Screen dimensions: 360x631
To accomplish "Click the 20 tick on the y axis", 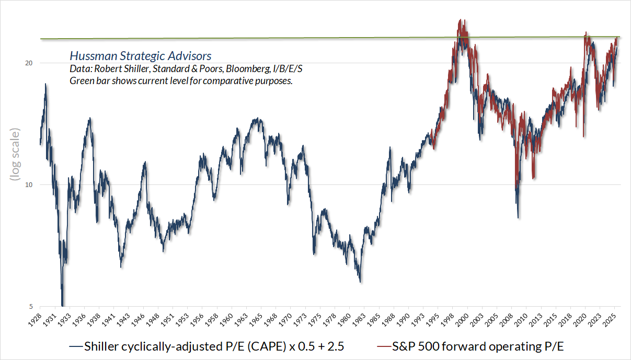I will tap(29, 63).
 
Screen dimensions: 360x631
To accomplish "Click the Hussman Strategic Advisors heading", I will tap(141, 56).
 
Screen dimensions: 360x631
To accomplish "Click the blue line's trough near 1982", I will tap(360, 282).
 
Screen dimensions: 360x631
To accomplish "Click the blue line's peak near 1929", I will tap(45, 84).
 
